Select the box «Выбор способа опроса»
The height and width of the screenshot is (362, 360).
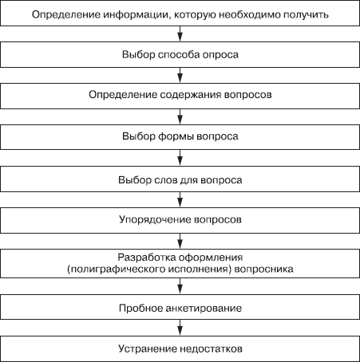tap(180, 54)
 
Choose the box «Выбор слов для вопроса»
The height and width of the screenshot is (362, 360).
tap(180, 179)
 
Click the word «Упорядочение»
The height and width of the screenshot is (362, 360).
tap(155, 220)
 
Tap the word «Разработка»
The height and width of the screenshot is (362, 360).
tap(146, 258)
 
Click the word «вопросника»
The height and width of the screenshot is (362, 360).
tap(263, 270)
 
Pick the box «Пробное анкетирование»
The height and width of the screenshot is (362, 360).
tap(180, 307)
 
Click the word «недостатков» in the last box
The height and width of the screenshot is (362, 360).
tap(211, 348)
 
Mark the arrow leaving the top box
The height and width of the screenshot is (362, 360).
tap(180, 33)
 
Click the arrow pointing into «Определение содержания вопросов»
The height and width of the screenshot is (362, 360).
tap(180, 75)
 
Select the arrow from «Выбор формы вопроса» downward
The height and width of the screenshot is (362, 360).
tap(180, 158)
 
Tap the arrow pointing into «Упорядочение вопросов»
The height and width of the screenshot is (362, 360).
tap(180, 199)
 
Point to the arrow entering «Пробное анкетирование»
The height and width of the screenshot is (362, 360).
tap(180, 286)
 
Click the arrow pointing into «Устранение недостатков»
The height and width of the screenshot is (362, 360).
tap(180, 328)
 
